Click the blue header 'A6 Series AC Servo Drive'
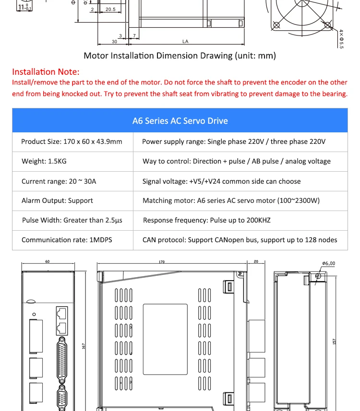point(180,121)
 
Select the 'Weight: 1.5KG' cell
point(44,161)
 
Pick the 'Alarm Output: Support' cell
point(57,200)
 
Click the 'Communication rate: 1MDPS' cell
point(67,240)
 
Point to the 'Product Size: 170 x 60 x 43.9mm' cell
point(72,141)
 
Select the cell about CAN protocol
point(240,240)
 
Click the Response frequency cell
point(206,220)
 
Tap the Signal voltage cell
point(221,181)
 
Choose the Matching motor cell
point(231,200)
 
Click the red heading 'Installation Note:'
point(46,72)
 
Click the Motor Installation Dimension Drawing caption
point(180,56)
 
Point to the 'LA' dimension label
point(185,42)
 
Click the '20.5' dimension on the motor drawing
point(110,9)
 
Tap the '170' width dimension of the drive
point(161,262)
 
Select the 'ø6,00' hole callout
point(329,263)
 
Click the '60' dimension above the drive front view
point(48,262)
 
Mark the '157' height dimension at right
point(335,341)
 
